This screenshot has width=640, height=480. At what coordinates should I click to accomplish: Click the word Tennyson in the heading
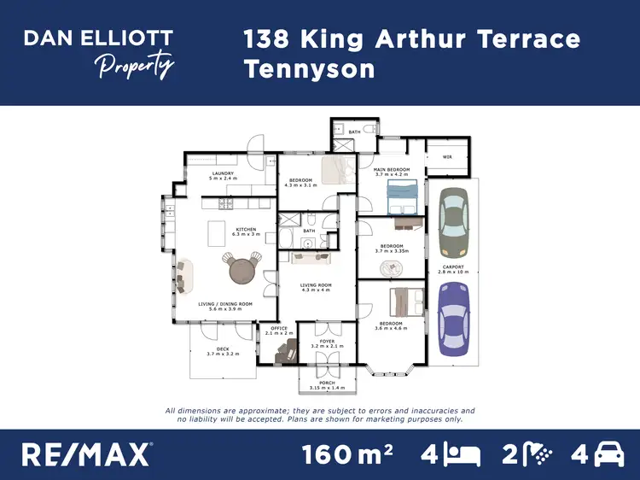point(309,68)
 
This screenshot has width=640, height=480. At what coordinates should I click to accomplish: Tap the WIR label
point(447,157)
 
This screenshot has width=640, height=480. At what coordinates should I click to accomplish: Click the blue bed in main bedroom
point(401,197)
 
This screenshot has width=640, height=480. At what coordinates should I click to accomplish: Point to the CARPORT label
point(453,268)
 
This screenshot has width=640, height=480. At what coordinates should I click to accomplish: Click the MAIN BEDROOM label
point(393,171)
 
